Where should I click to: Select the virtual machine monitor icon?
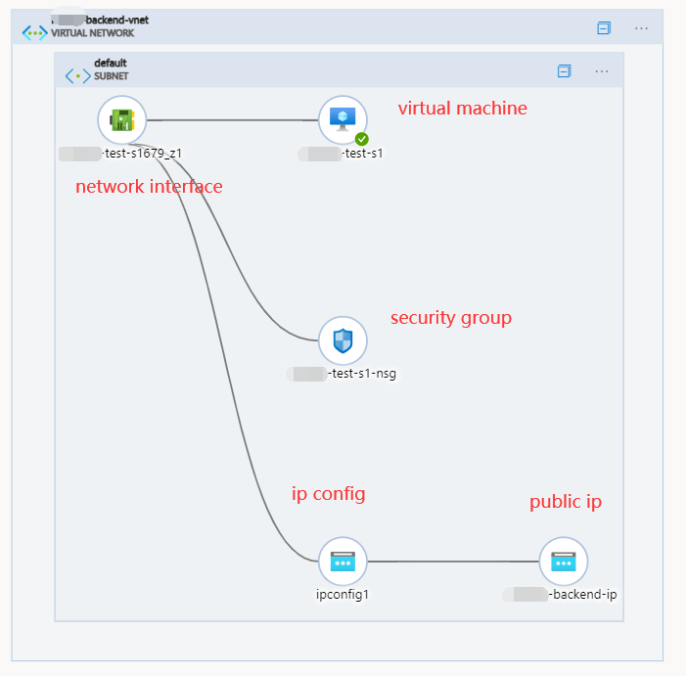pos(343,119)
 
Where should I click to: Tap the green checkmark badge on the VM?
pos(361,139)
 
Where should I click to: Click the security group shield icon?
pos(343,341)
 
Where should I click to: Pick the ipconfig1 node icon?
pos(343,562)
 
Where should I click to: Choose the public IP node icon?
pos(564,562)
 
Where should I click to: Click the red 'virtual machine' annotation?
pos(462,109)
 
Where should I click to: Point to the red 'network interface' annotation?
pos(149,187)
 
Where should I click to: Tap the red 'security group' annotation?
pos(450,318)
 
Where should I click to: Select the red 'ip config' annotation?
pos(328,494)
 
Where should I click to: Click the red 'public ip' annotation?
pos(566,502)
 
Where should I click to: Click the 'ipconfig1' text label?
pos(343,594)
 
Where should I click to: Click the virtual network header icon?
pos(35,31)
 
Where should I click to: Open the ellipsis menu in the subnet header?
pos(602,70)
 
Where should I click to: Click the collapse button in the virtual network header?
pos(604,28)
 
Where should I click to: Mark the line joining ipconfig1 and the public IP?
pos(453,562)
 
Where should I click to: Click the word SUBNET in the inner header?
pos(111,75)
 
